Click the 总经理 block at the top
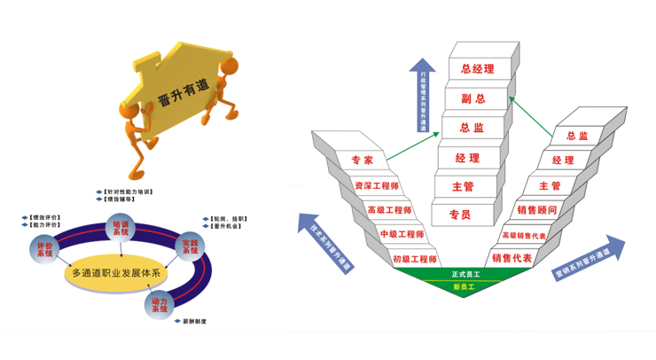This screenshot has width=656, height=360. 471,67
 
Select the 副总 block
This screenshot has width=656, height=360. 471,98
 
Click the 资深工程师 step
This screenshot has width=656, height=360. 376,186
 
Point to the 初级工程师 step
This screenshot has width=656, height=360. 414,259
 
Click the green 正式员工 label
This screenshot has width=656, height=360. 465,273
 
